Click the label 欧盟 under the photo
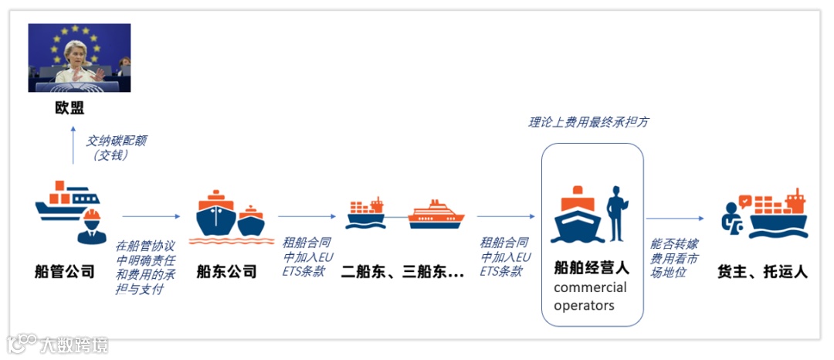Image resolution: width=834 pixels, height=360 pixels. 69,108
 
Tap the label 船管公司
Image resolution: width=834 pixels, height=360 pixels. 65,271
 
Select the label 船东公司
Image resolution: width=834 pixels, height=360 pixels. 226,271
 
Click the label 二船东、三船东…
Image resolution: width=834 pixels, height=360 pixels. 402,271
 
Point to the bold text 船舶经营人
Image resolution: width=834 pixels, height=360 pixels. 592,268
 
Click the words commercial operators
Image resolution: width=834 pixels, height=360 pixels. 591,296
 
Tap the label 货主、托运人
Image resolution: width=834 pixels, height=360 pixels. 763,271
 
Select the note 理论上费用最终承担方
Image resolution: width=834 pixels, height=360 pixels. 593,122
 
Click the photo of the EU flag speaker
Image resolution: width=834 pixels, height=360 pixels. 80,58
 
